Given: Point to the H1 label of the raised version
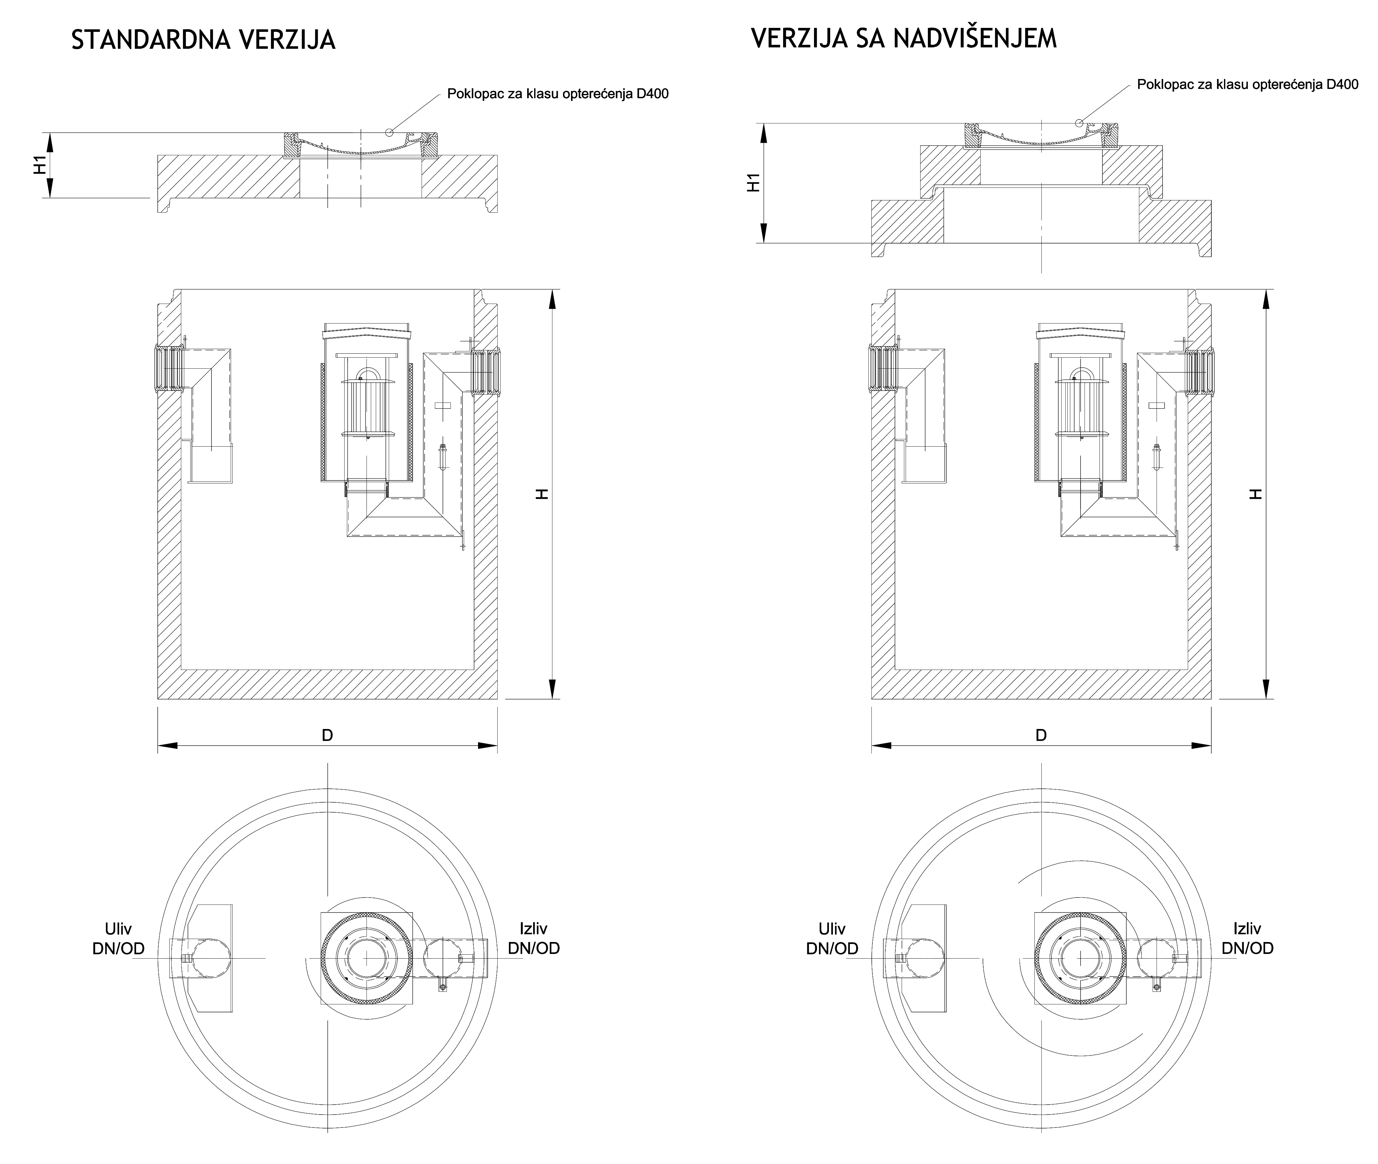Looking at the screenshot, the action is [753, 182].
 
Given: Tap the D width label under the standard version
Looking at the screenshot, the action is [328, 735].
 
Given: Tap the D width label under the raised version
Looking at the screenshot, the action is [1041, 735].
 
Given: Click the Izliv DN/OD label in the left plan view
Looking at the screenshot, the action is [533, 938].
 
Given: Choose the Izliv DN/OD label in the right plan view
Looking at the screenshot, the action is [1247, 938].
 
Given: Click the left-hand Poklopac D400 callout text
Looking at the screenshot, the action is [558, 94].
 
